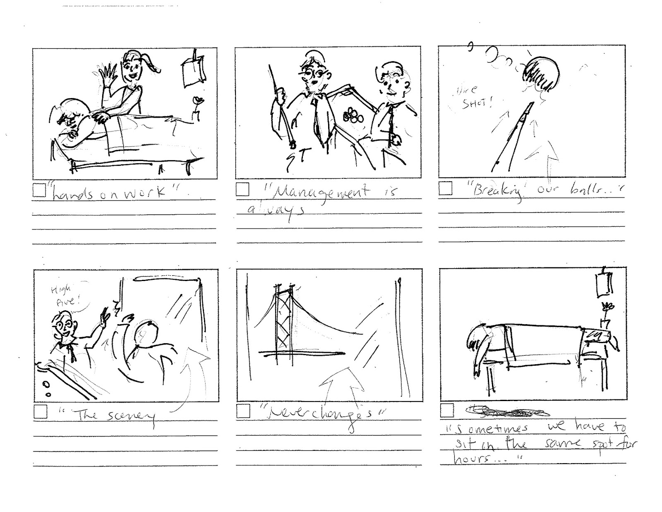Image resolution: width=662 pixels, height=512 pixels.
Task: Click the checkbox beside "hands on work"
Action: click(39, 191)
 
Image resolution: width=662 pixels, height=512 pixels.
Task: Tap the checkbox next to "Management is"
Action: click(242, 190)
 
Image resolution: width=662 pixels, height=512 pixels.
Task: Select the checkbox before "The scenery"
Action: click(41, 412)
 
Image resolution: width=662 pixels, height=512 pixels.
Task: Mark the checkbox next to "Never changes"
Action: click(243, 411)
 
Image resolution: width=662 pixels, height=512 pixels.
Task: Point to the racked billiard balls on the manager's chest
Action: click(353, 115)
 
